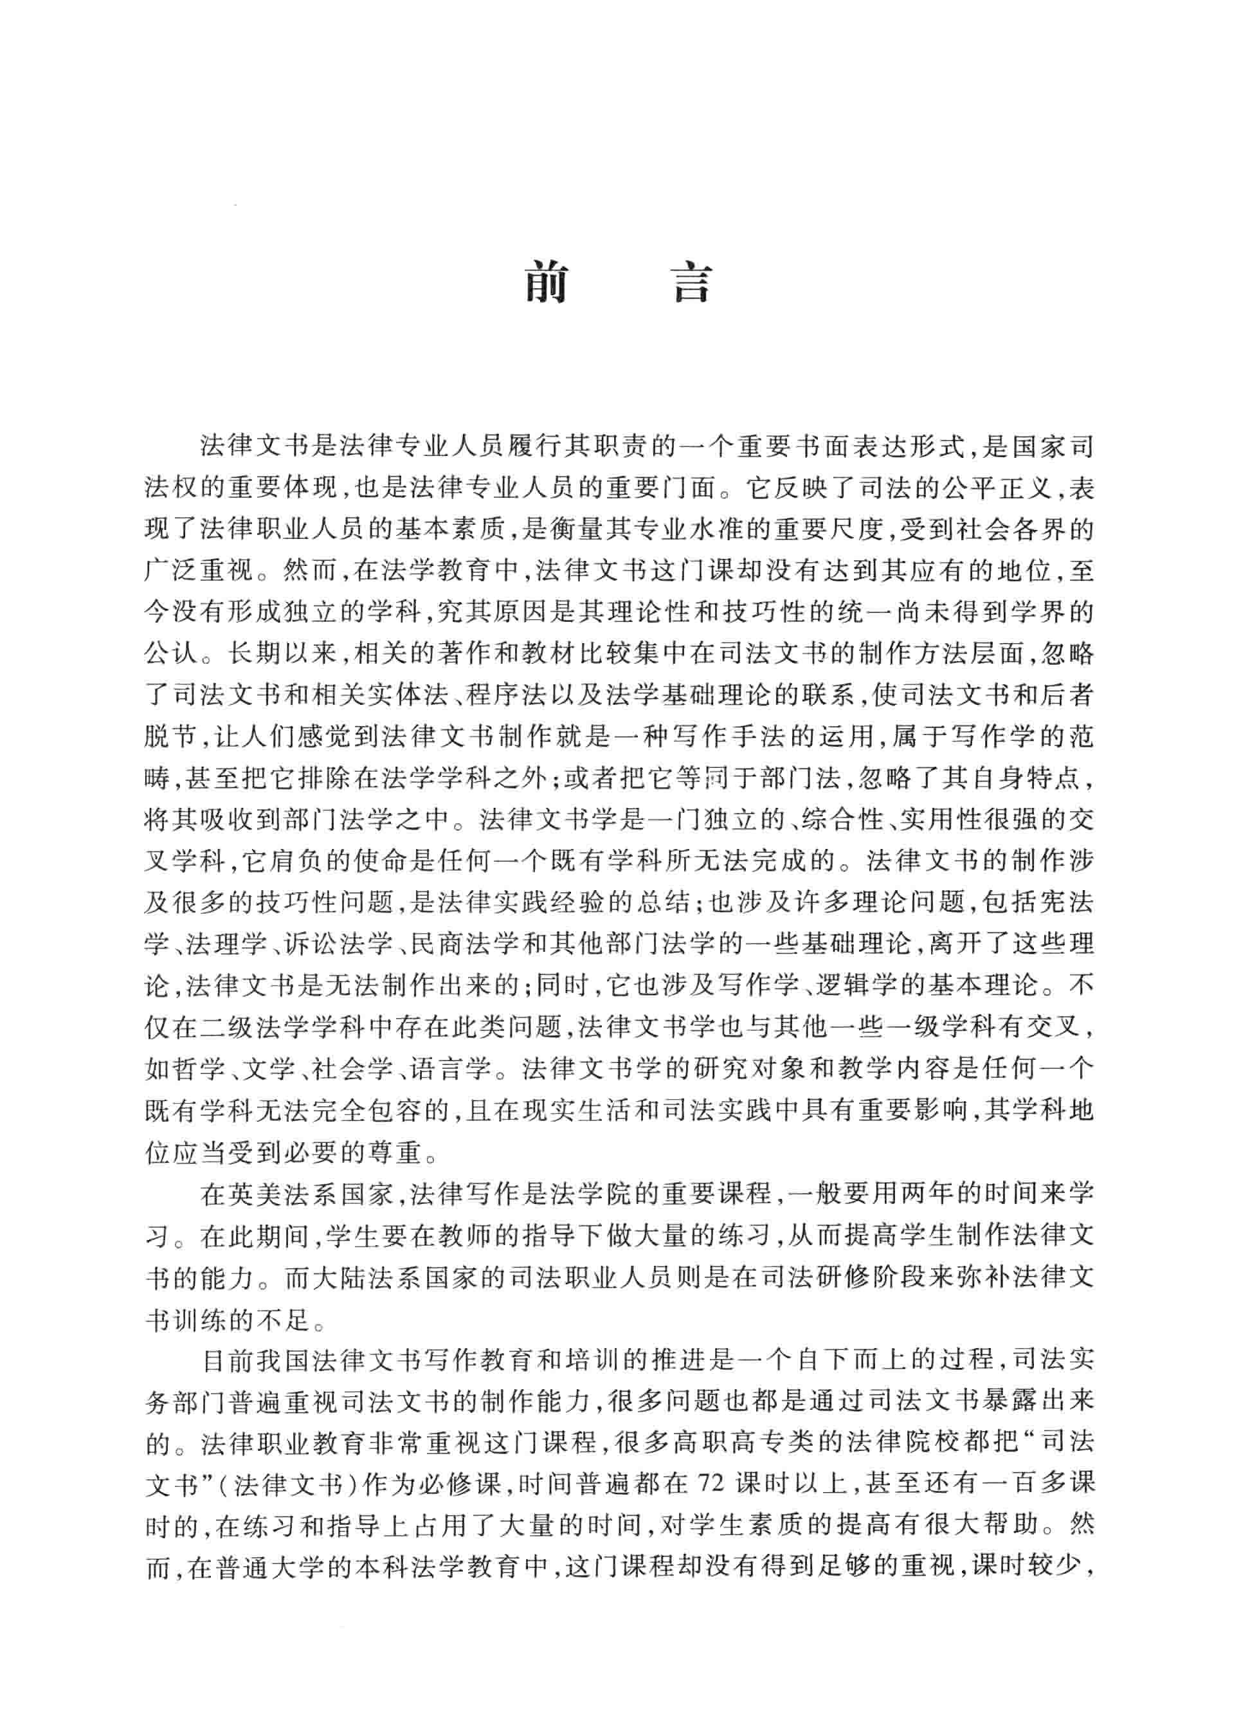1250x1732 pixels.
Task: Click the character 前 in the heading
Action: tap(546, 284)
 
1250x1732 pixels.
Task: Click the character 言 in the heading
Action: tap(691, 284)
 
